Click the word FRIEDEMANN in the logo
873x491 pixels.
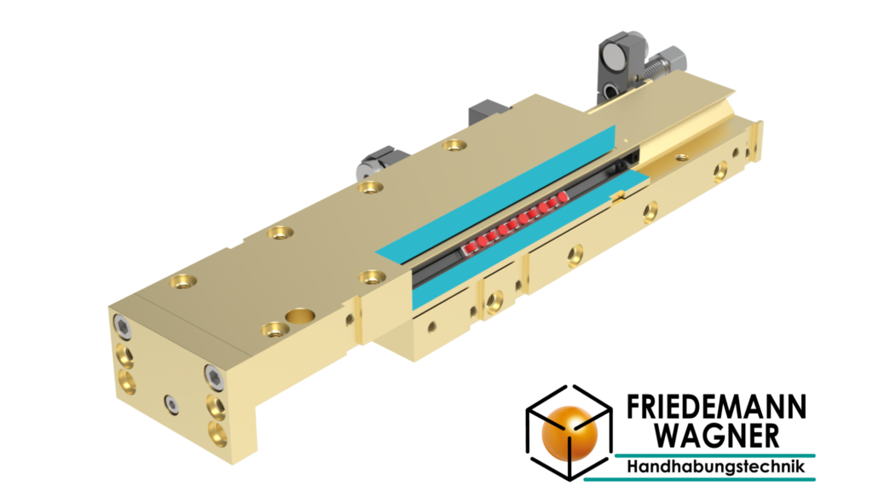[x=716, y=407]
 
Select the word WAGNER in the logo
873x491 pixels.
[x=717, y=435]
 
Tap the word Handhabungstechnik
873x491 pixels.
[x=716, y=466]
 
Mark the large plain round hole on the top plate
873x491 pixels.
[x=300, y=316]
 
